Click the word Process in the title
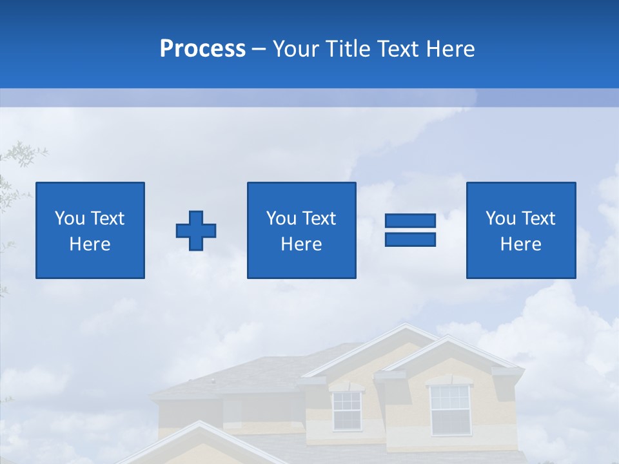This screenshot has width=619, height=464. coord(202,49)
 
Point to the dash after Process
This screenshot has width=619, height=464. coord(259,50)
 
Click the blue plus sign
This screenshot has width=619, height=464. coord(196,231)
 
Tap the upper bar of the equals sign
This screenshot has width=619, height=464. coord(410,220)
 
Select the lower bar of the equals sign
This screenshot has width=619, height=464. coord(410,239)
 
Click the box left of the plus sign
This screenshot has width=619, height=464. coord(90,230)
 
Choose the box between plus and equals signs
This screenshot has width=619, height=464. coord(301,230)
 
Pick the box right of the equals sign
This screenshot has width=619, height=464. coord(520,230)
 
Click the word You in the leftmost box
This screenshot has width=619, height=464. coord(70,218)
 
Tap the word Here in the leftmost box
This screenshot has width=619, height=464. coord(90,244)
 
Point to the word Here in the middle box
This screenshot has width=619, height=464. coord(301,244)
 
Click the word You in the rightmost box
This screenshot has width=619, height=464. coord(500,218)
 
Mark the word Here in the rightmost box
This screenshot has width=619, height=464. coord(520,244)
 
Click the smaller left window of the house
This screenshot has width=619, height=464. coord(347,410)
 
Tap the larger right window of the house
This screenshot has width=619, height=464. coord(449,409)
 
